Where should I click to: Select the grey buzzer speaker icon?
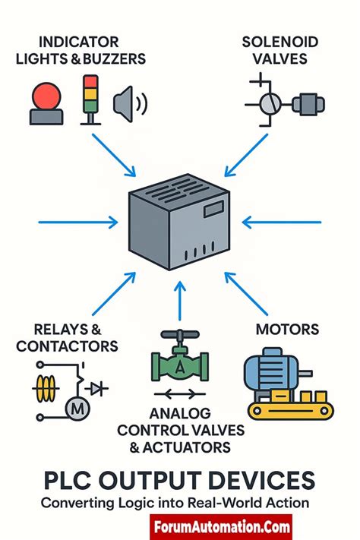click(x=128, y=104)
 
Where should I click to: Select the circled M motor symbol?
click(x=79, y=409)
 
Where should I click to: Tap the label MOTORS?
click(x=287, y=330)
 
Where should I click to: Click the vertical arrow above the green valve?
click(x=179, y=299)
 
